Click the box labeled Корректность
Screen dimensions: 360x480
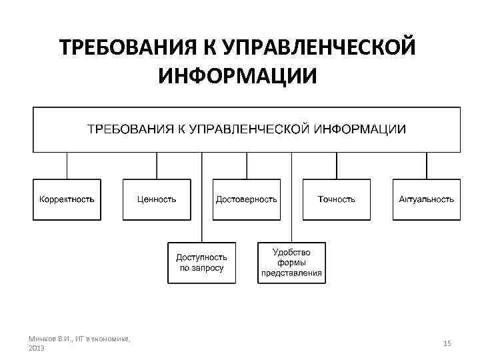67,199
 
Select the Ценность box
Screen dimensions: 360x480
157,199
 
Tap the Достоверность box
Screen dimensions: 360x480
246,199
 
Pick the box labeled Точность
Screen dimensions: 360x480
336,199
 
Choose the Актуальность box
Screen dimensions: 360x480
426,199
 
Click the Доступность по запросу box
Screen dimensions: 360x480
201,263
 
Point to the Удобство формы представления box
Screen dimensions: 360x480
291,263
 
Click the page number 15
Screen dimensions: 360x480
447,343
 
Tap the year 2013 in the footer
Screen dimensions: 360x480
37,348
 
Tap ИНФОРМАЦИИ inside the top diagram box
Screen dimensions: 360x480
361,129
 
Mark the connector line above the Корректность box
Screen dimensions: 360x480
67,166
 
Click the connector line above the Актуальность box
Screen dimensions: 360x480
426,166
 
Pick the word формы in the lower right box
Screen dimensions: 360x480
291,263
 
